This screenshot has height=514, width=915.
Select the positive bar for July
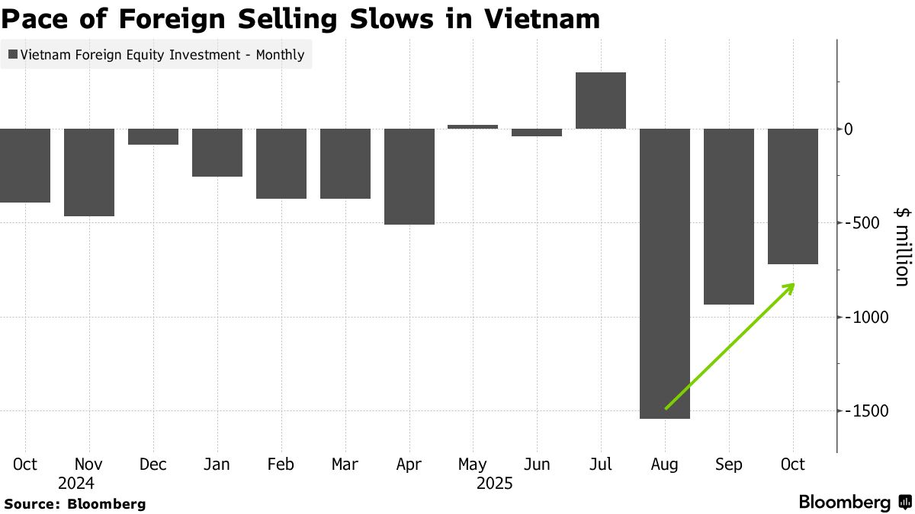tap(601, 101)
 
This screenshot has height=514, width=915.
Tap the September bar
tap(729, 216)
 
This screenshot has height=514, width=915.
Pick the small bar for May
tap(473, 126)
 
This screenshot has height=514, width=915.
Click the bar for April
tap(409, 176)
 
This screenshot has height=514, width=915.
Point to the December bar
tap(153, 136)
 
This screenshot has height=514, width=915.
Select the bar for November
tap(89, 172)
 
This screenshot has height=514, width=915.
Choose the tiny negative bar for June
tap(537, 132)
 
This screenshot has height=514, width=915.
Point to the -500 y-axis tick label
tap(863, 223)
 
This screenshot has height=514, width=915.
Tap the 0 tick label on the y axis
tap(849, 129)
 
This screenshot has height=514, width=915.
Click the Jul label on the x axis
tap(601, 465)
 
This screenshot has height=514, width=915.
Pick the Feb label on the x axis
tap(281, 465)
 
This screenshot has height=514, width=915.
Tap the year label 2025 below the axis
tap(495, 484)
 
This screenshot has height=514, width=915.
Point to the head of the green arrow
tap(793, 285)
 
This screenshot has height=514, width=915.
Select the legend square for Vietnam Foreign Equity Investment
tap(13, 55)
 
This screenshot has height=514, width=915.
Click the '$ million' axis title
tap(901, 246)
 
